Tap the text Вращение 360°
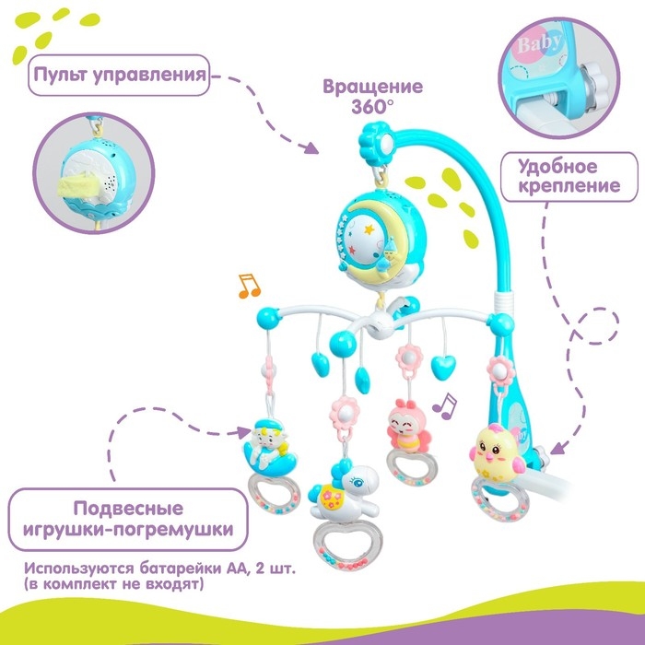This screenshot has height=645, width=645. click(372, 95)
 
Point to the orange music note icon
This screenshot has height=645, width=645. click(248, 287)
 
